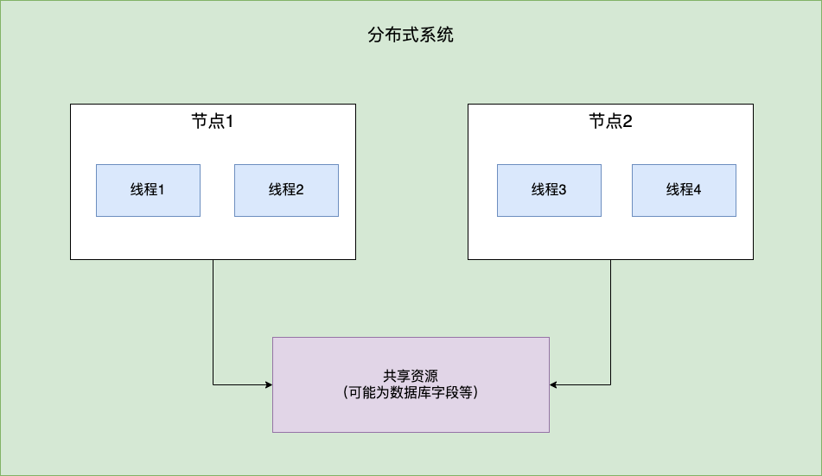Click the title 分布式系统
(411, 36)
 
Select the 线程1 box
(148, 190)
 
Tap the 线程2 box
(286, 190)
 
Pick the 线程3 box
(549, 190)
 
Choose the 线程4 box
(684, 190)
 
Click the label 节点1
(213, 121)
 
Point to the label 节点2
(610, 121)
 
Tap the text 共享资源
(411, 377)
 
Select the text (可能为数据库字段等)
(411, 393)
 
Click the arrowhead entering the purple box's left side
(268, 384)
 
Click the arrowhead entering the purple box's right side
(554, 384)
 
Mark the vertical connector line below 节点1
(213, 320)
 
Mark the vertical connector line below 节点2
(610, 320)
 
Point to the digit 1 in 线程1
(161, 190)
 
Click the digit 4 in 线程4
(697, 190)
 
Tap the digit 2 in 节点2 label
(628, 121)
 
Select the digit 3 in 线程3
(562, 190)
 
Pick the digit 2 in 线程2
(299, 190)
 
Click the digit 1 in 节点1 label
(230, 121)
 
